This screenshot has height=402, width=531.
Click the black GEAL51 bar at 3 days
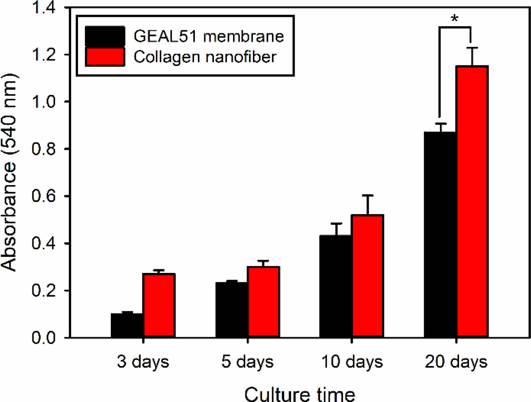click(x=127, y=325)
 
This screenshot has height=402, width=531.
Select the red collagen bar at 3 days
click(x=159, y=306)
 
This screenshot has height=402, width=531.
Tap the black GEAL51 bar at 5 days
click(x=232, y=310)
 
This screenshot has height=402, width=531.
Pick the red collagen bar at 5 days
click(x=263, y=302)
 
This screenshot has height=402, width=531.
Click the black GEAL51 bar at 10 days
click(x=336, y=286)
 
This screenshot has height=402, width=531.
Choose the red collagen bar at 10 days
click(x=367, y=276)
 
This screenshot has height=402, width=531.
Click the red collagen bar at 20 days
click(x=472, y=201)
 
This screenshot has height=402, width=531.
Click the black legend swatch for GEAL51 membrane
click(x=105, y=36)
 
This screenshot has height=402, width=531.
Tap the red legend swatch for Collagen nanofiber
click(x=105, y=56)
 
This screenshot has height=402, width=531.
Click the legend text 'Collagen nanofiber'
click(x=205, y=57)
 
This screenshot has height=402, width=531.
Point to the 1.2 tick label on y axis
click(x=44, y=55)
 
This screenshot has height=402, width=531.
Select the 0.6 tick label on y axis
click(x=44, y=196)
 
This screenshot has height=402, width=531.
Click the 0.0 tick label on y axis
click(x=44, y=338)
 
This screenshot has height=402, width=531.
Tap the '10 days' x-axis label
click(x=352, y=362)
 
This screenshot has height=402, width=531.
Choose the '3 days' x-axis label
click(x=143, y=362)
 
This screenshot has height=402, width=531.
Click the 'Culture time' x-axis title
click(x=300, y=394)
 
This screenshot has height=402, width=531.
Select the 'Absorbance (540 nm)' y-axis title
click(x=9, y=173)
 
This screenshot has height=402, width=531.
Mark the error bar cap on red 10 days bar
click(x=367, y=195)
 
